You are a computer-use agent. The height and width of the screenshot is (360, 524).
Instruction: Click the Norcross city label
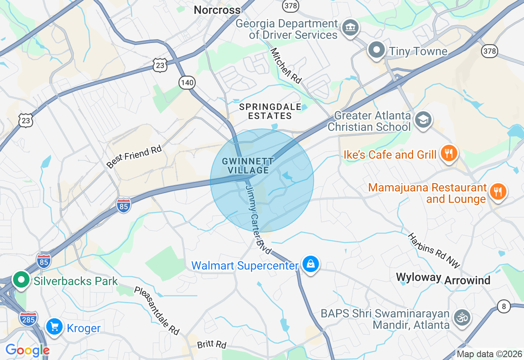coord(217,10)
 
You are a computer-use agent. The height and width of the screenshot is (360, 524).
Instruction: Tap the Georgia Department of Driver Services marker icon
coord(350,28)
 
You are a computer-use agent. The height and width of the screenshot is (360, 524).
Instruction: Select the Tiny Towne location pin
coord(376,51)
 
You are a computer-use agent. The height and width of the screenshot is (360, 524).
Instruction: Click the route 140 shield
coord(187,83)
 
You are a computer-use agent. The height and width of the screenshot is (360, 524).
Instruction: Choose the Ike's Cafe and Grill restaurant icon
coord(449,154)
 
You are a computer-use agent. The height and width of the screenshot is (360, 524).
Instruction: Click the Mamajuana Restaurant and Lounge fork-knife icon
coord(497,191)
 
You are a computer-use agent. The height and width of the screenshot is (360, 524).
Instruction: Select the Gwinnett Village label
coord(248,166)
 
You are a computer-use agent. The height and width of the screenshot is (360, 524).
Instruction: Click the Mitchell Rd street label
coord(286,66)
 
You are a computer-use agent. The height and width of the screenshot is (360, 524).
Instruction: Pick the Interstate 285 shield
coord(28,318)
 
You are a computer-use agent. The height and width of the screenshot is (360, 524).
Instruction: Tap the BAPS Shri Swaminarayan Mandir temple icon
coord(463,317)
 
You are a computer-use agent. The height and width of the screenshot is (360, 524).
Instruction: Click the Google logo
coord(27,351)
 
